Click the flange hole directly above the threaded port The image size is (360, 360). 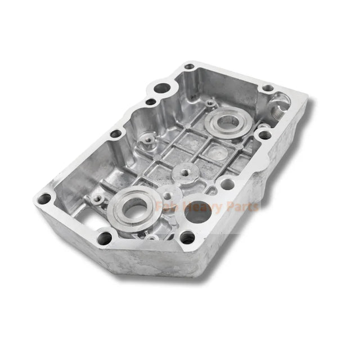coord(269,88)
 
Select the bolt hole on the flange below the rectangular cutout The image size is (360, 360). coord(101,236)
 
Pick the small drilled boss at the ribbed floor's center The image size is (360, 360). coord(183,169)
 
